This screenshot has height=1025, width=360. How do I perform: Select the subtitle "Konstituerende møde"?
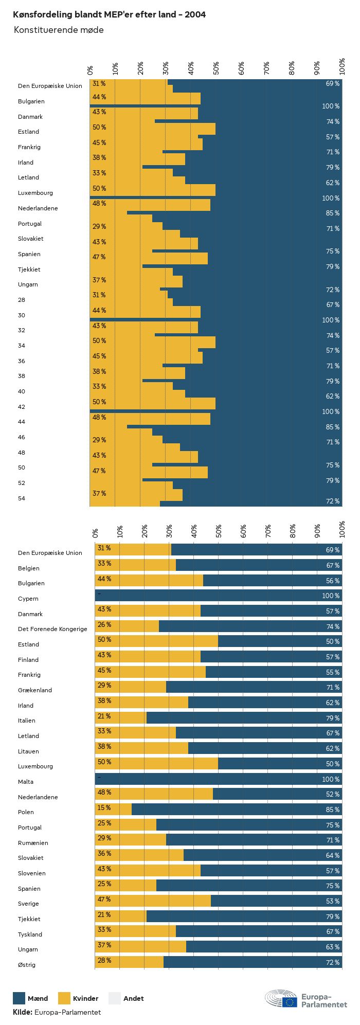click(59, 30)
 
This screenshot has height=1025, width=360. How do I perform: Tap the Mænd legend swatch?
click(19, 998)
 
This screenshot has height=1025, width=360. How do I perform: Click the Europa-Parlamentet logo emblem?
click(281, 999)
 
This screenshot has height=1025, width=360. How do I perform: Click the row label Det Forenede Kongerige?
click(52, 629)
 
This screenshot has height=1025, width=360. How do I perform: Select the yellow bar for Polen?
click(114, 809)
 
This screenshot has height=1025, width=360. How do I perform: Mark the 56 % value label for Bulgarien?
click(332, 581)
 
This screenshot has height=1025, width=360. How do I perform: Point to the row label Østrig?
click(27, 965)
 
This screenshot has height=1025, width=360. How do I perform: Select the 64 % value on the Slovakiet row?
click(332, 855)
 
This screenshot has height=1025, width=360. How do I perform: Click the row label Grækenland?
click(35, 690)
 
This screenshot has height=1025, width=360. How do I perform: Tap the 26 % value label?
click(104, 624)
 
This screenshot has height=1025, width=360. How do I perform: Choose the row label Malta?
click(26, 782)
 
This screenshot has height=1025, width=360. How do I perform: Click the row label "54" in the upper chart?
click(22, 498)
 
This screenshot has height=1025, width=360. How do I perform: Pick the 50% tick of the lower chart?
click(219, 530)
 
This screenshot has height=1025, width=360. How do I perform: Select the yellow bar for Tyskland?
click(136, 931)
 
